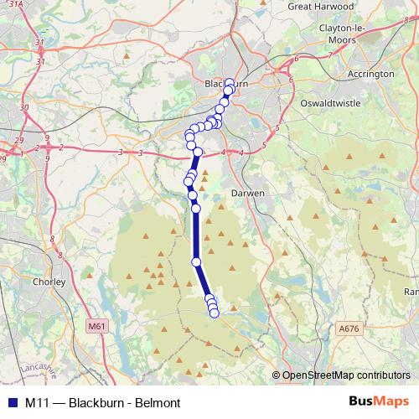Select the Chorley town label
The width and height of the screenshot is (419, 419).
click(x=49, y=282)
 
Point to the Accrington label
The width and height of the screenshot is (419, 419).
click(x=370, y=74)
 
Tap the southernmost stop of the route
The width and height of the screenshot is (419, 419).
click(x=214, y=313)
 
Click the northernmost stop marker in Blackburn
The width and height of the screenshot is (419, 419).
click(x=230, y=83)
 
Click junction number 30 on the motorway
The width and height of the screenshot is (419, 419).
click(x=24, y=107)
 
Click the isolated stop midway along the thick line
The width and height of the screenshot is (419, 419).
click(x=197, y=262)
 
